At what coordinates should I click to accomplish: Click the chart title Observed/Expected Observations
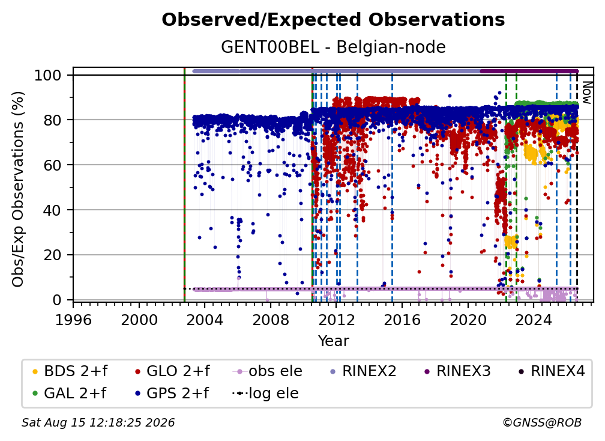[x=333, y=20]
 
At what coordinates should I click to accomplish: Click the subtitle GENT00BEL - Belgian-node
[x=333, y=47]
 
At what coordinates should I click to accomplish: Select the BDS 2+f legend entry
[x=70, y=371]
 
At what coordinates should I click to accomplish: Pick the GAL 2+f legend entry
[x=69, y=394]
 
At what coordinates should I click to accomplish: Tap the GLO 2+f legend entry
[x=172, y=371]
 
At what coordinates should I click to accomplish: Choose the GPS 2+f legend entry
[x=172, y=394]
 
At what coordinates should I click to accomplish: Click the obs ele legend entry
[x=268, y=371]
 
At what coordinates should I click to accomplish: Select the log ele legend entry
[x=265, y=394]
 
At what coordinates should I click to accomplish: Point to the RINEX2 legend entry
[x=364, y=371]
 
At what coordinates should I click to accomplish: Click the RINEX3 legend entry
[x=457, y=371]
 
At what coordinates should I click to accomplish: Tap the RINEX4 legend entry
[x=552, y=371]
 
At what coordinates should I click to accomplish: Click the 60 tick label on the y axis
[x=52, y=165]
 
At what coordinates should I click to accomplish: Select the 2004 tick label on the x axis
[x=205, y=320]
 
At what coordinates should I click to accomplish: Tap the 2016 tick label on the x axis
[x=402, y=320]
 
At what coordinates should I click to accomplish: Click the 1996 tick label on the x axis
[x=73, y=320]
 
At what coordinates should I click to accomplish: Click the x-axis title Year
[x=333, y=341]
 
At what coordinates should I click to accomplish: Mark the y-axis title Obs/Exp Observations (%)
[x=18, y=189]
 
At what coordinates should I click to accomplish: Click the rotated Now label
[x=586, y=93]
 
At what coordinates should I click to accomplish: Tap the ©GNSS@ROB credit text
[x=542, y=422]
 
